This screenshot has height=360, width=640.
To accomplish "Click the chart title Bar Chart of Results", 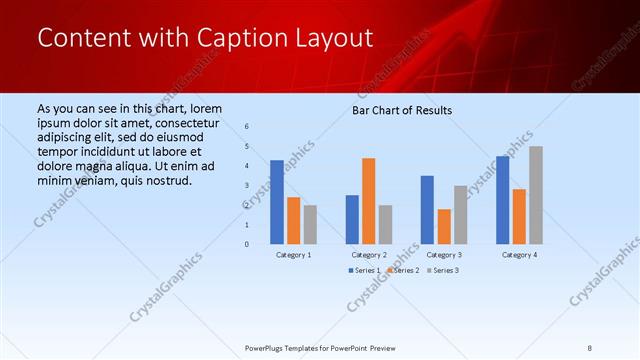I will pos(402,110).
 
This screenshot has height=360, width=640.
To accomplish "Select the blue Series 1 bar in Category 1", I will pos(277,202).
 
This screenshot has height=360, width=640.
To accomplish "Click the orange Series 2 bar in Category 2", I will pos(369,201).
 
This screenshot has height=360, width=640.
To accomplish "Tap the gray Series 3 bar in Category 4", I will pos(536,195).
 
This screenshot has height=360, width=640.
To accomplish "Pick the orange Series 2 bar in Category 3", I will pos(444,226).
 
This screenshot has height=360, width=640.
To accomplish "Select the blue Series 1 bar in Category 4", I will pos(503,200).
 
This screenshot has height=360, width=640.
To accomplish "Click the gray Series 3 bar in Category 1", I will pos(310,224).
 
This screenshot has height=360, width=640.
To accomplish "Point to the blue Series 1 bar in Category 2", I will pos(352,219).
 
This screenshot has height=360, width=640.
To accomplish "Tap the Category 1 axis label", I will pos(293,255).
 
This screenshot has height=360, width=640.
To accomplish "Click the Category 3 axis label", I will pos(444,255).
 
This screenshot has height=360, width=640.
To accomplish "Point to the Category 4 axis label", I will pos(519,255).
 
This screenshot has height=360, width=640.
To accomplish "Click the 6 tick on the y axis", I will pos(247,126).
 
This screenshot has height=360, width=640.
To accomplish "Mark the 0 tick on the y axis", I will pos(247,244).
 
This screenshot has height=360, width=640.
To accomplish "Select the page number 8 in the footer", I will pos(590,348).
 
